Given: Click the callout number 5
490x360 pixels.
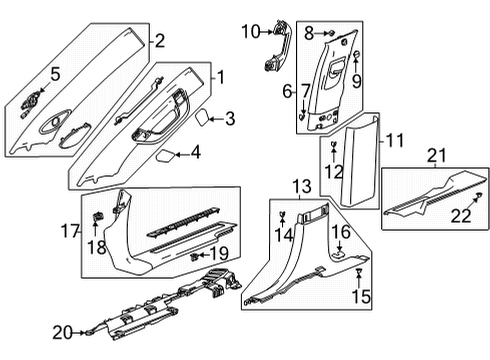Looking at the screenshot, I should tap(55, 72).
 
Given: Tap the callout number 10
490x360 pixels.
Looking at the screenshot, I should tap(250, 32).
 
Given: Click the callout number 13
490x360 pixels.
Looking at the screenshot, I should tap(301, 187).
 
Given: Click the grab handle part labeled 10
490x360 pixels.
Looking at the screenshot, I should tap(272, 50).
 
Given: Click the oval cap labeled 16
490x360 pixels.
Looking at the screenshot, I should tap(341, 255).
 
